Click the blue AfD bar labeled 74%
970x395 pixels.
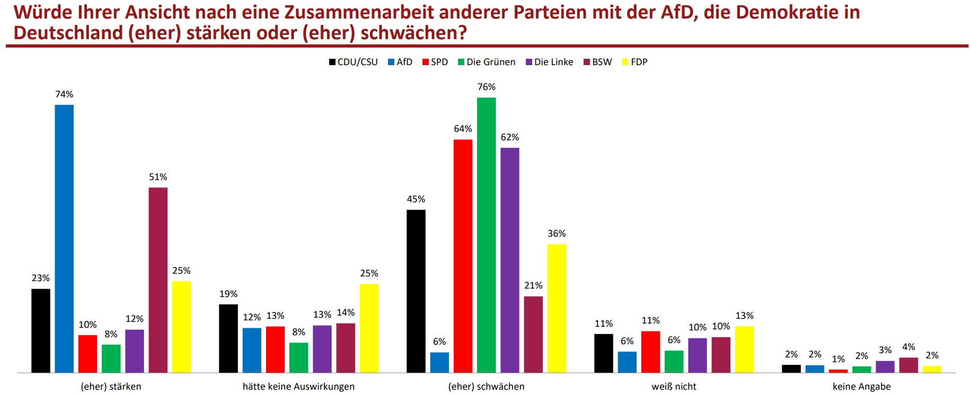point(64,238)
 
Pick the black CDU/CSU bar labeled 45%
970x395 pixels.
point(416,291)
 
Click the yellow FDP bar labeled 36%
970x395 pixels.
point(557,308)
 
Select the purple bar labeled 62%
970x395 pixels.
point(509,260)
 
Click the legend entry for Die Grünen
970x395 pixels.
point(486,62)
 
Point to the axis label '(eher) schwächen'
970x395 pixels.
point(486,387)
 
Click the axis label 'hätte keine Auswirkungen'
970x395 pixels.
point(298,387)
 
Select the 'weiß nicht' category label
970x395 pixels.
point(674,387)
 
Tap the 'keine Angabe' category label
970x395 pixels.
point(861,387)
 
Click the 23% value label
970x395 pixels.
point(41,278)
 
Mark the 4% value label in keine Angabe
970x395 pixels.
point(909,347)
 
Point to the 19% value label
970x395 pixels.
point(228,294)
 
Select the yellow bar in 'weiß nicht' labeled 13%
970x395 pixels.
point(744,349)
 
